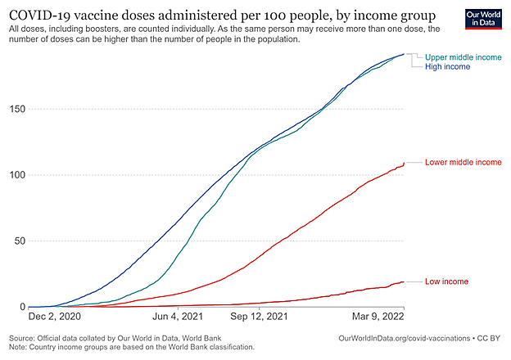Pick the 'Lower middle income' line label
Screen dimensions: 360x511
pyautogui.click(x=464, y=163)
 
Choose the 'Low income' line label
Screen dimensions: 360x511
pyautogui.click(x=447, y=281)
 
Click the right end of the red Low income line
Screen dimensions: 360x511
pyautogui.click(x=404, y=281)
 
